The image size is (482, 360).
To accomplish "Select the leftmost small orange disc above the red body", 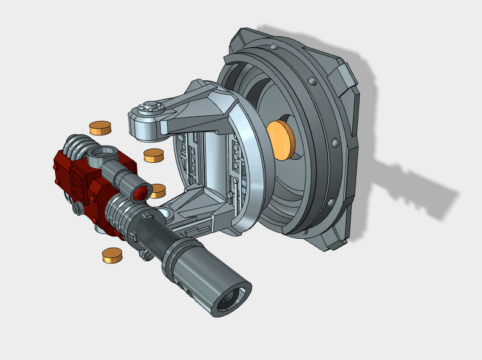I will [101, 127].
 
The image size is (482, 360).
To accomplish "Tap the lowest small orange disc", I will [112, 255].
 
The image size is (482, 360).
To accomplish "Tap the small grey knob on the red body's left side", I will [77, 208].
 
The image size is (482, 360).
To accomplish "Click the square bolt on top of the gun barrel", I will [148, 215].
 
